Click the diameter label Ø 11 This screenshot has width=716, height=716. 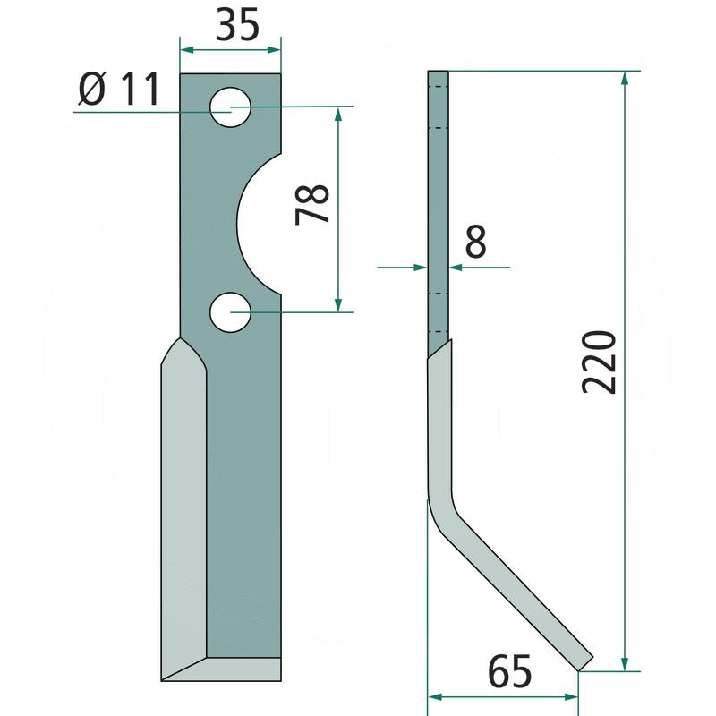point(119,89)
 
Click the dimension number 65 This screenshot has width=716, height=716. point(510,671)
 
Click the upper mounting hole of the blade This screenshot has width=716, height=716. point(231,108)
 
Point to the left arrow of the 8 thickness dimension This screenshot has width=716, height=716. point(419,266)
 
